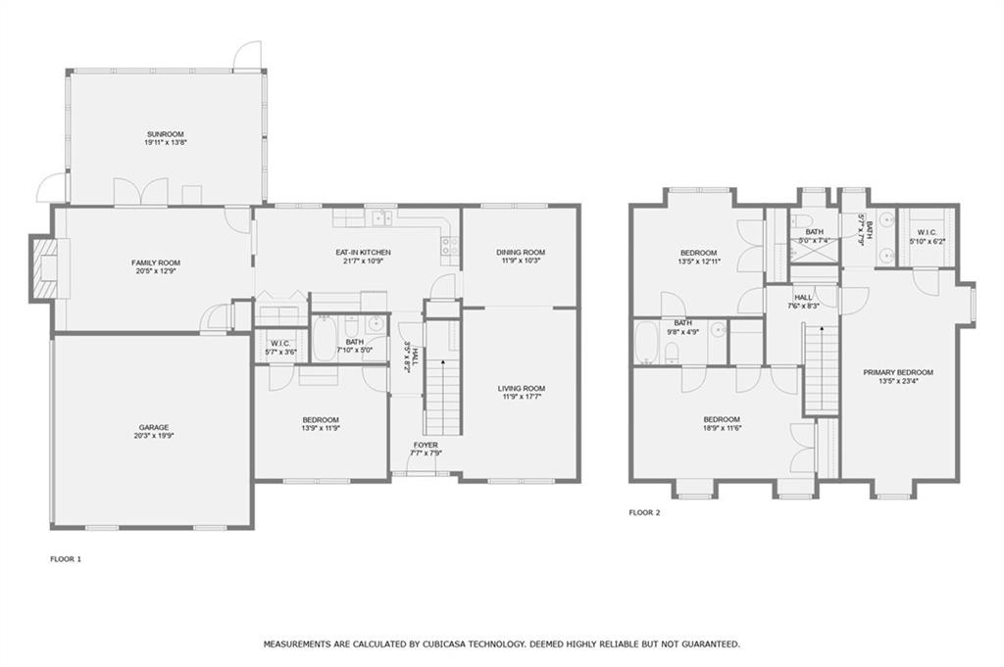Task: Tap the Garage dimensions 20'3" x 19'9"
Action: click(154, 436)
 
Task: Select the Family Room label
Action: click(156, 262)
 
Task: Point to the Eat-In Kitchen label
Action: click(363, 253)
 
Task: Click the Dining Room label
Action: click(521, 253)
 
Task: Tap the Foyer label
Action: click(426, 445)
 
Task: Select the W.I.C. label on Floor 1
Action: click(280, 344)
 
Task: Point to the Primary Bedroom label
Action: click(898, 373)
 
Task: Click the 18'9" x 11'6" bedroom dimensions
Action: click(722, 428)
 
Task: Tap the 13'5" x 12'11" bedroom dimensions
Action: click(698, 262)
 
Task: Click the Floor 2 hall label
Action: click(803, 298)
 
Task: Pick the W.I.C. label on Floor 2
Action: click(927, 233)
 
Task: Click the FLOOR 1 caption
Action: click(66, 559)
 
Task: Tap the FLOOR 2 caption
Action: click(644, 513)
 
